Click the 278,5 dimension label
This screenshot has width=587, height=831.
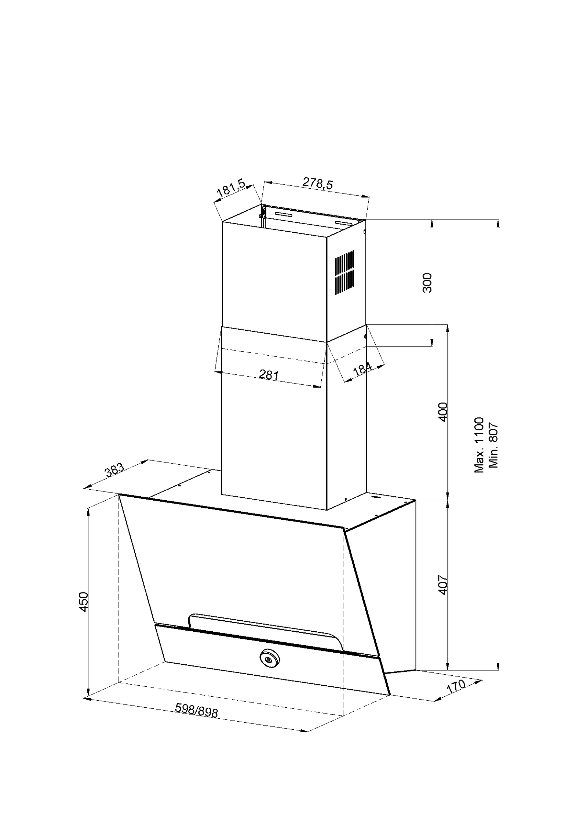[x=317, y=183]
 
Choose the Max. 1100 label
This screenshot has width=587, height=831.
[x=479, y=445]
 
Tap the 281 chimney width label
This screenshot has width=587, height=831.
[x=269, y=374]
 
